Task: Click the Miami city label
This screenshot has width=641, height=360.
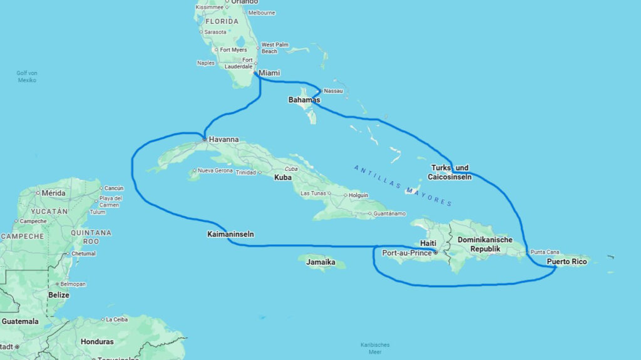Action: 269,73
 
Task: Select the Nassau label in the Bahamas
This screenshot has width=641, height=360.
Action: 334,91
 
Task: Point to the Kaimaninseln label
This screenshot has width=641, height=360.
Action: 230,235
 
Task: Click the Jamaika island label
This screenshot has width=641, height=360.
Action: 321,262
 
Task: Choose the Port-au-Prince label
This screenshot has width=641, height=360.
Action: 407,253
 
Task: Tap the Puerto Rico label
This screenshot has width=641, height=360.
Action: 567,262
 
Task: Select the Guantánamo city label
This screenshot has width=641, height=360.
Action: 394,213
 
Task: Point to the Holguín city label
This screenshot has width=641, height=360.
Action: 358,195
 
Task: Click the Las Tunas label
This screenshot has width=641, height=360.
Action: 314,193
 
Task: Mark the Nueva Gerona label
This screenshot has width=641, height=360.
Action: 215,170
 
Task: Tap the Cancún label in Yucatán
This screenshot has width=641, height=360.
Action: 113,188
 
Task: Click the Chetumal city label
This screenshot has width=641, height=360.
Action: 83,254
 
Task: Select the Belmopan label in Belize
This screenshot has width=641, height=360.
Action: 73,284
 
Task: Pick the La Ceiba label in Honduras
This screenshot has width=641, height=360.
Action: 116,319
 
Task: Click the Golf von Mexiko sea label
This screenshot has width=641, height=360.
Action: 27,76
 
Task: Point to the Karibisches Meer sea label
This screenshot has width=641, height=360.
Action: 375,348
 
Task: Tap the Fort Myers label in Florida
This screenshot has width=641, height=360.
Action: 233,49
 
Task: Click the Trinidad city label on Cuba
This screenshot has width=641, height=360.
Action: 245,173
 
